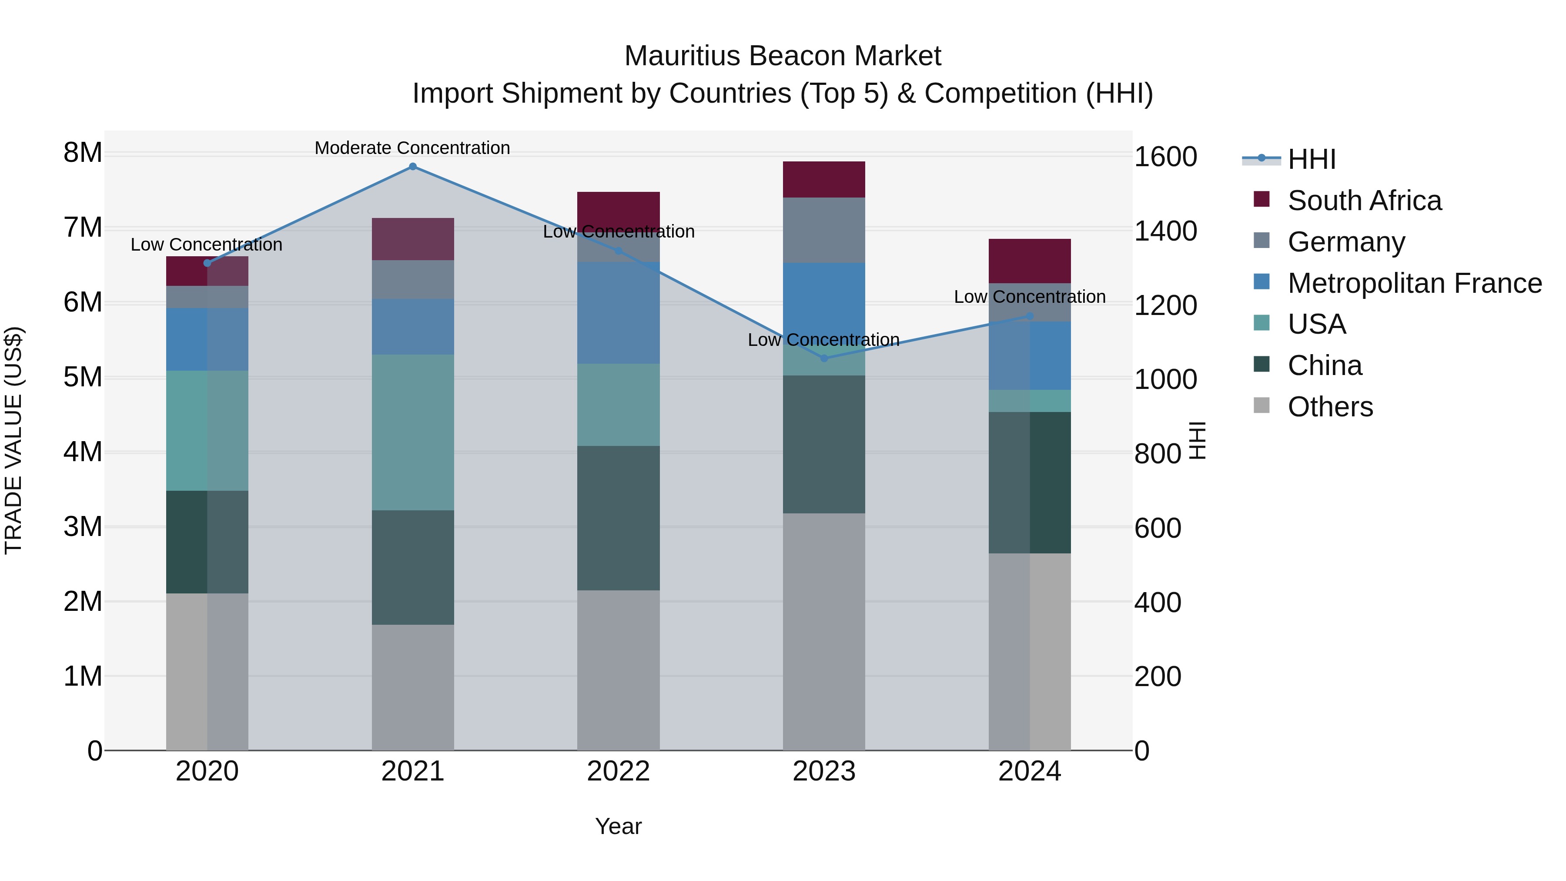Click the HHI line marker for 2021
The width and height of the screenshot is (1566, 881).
click(413, 167)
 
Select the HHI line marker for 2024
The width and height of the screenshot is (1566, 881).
click(1030, 316)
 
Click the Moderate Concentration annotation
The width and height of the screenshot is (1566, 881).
click(412, 148)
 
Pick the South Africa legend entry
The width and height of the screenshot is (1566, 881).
click(1364, 201)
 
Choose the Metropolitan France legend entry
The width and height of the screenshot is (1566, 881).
click(1415, 283)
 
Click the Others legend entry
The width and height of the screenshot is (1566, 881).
click(1330, 407)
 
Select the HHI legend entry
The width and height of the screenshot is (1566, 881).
click(1311, 159)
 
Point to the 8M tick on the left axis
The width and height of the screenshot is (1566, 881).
click(83, 153)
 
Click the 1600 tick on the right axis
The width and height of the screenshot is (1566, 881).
click(1165, 157)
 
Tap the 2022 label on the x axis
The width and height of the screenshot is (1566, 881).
click(618, 771)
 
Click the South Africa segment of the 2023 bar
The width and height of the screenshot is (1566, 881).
click(824, 179)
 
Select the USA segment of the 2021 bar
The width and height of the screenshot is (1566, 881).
click(413, 432)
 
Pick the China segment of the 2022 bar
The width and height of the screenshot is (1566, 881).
click(618, 518)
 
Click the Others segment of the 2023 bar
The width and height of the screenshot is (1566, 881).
click(824, 631)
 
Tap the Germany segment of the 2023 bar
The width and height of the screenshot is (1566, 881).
click(824, 230)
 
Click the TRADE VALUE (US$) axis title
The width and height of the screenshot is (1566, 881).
click(13, 440)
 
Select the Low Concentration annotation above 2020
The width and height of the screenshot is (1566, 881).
click(207, 245)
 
